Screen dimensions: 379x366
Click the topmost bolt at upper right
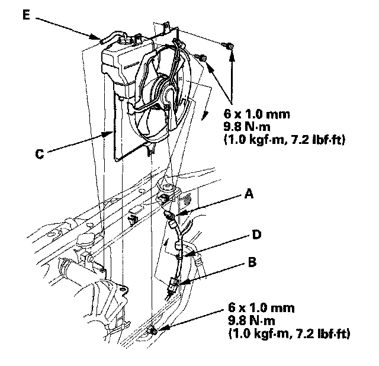(227, 44)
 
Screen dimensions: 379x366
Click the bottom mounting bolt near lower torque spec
(154, 330)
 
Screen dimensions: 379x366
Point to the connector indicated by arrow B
(174, 286)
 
